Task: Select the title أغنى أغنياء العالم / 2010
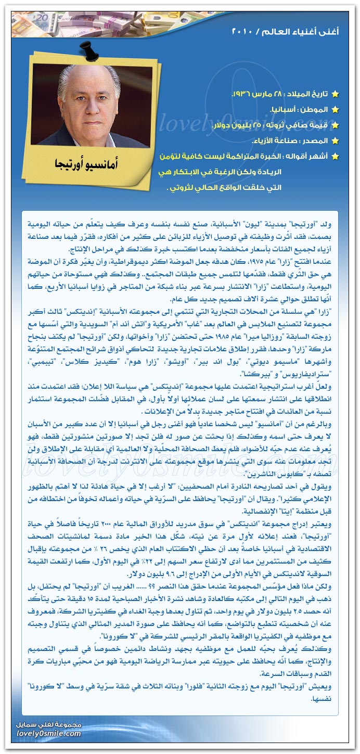(x=285, y=32)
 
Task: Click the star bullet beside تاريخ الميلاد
(x=335, y=94)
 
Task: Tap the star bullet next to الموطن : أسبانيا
(x=335, y=110)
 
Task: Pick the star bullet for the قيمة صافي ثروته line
(x=335, y=125)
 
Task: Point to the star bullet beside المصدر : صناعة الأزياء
(x=335, y=140)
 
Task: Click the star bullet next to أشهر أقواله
(x=335, y=156)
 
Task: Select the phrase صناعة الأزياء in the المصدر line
(x=275, y=140)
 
